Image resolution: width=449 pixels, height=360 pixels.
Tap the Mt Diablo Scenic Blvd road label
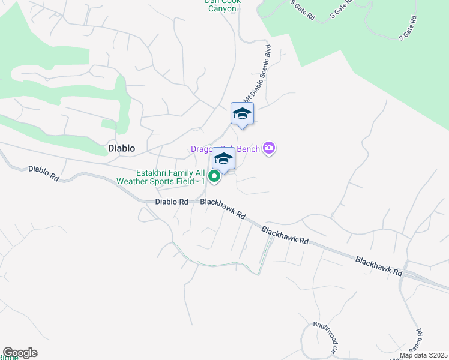(257, 73)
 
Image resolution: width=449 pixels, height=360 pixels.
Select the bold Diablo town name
(121, 148)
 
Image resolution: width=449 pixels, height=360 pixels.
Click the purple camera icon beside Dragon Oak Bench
(269, 148)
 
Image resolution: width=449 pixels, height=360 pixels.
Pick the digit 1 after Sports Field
(203, 181)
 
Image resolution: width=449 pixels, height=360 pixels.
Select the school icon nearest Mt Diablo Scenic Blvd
(242, 113)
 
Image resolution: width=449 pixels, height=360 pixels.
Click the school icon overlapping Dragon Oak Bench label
(223, 159)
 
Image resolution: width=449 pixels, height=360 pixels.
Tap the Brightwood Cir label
(324, 337)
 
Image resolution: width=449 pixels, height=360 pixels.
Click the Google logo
(20, 353)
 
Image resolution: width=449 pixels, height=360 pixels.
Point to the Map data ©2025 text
(423, 355)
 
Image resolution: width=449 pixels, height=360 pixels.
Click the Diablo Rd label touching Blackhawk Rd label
(172, 202)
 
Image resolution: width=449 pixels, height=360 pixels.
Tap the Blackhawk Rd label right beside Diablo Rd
(223, 209)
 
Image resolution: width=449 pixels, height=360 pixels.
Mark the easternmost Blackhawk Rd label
(379, 266)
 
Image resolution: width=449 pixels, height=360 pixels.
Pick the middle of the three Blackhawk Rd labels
(285, 235)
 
